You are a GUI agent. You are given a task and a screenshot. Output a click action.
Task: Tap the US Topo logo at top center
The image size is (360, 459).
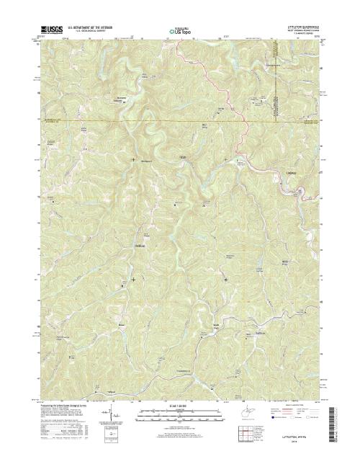click(x=180, y=31)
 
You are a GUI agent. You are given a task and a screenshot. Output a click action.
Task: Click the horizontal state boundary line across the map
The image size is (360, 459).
click(x=144, y=119)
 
